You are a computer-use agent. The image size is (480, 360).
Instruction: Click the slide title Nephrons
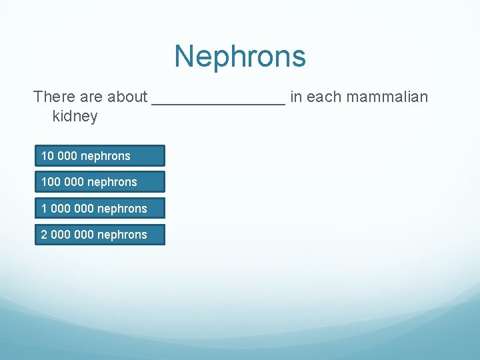[x=240, y=57]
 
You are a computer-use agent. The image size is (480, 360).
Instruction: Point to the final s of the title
[x=299, y=59]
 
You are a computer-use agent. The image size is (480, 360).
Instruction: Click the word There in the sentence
[x=53, y=97]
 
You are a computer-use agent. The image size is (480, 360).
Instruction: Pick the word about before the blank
[x=127, y=97]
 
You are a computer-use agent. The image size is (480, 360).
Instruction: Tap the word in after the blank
[x=295, y=97]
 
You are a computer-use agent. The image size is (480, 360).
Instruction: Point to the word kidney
[x=75, y=117]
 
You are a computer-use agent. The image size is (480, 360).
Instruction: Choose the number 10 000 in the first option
[x=59, y=156]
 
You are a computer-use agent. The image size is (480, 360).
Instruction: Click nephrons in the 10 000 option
[x=105, y=156]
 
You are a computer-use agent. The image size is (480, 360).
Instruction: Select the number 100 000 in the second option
[x=62, y=182]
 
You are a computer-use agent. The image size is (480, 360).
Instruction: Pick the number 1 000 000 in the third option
[x=67, y=209]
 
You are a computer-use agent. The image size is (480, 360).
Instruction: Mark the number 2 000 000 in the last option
[x=67, y=235]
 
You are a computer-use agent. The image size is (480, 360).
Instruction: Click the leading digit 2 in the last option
[x=44, y=235]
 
